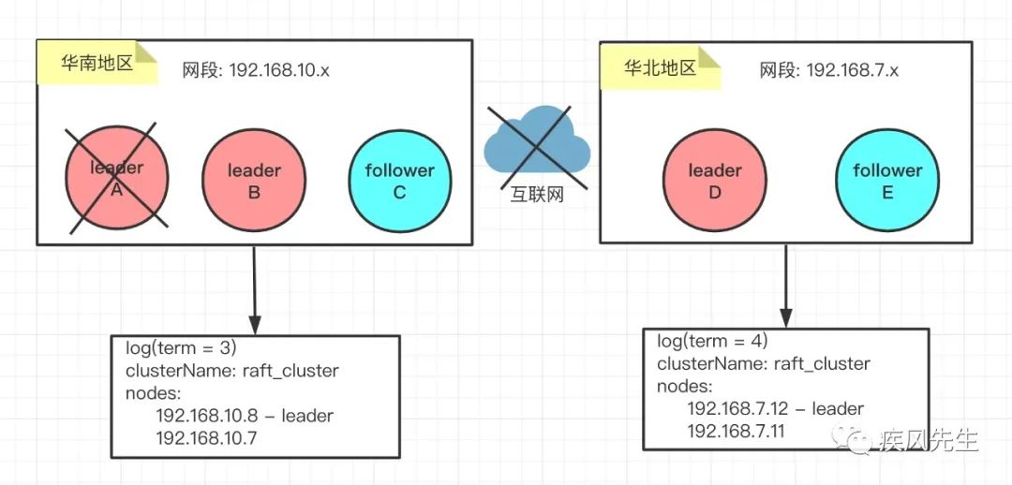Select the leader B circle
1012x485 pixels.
point(254,181)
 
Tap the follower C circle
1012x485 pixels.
point(400,181)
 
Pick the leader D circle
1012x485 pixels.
point(714,181)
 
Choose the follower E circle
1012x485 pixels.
point(887,181)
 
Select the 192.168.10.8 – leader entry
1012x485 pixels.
point(244,415)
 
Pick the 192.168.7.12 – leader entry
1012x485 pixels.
point(775,409)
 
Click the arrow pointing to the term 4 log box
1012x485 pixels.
point(785,285)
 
